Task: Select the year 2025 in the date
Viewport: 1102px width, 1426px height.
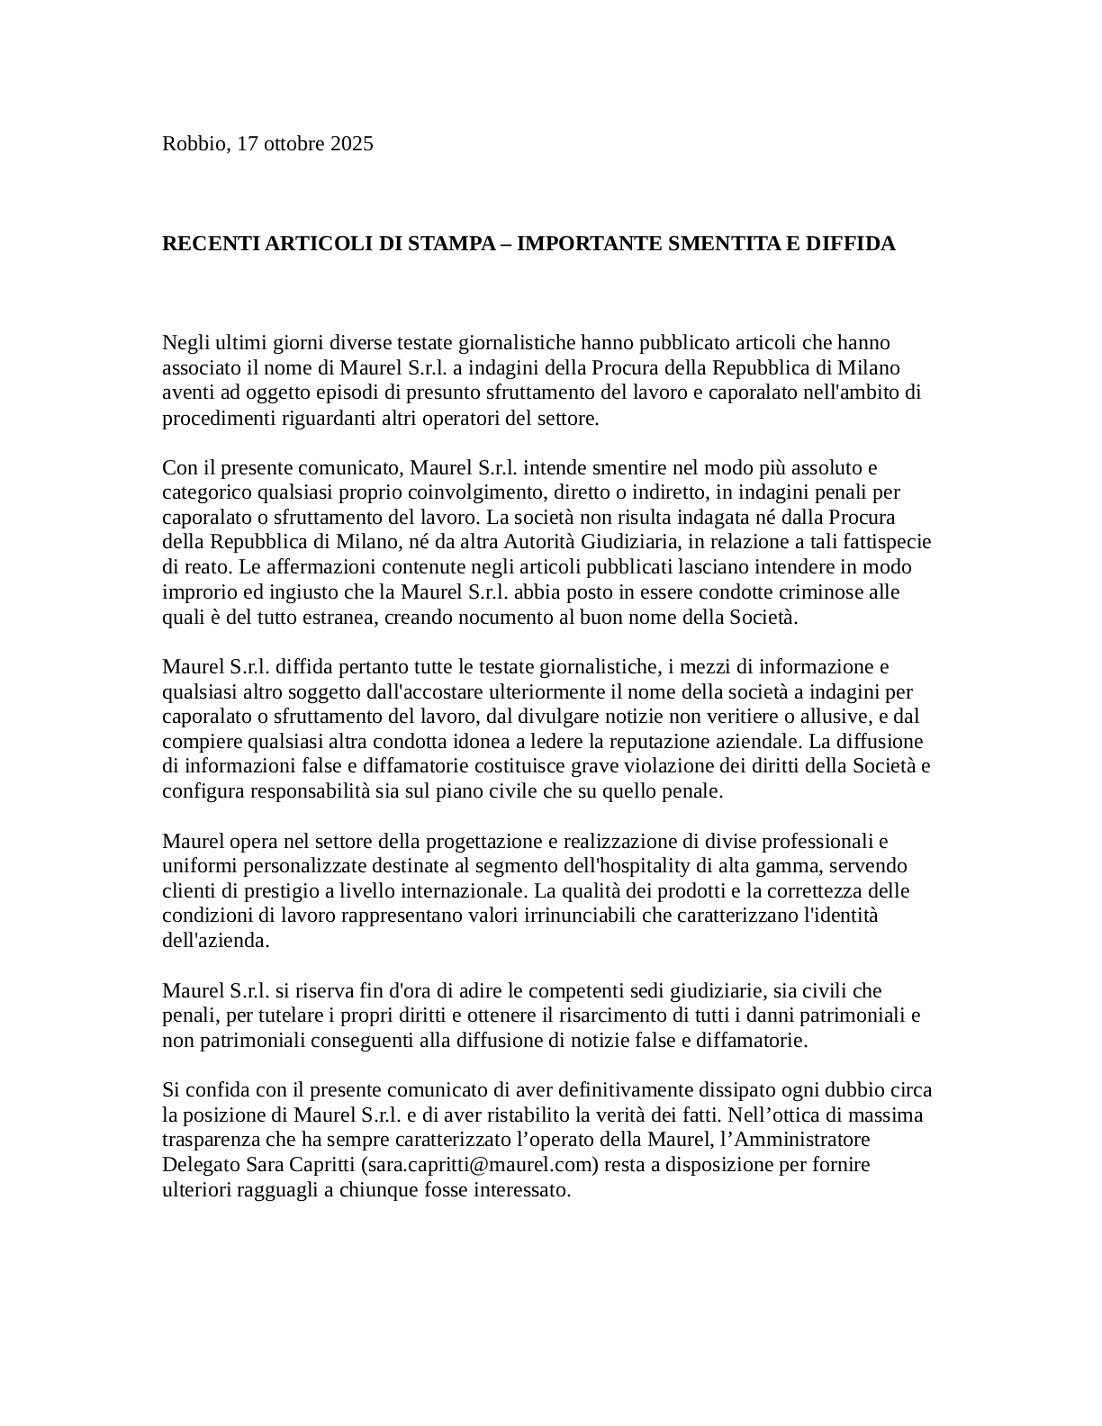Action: click(x=352, y=144)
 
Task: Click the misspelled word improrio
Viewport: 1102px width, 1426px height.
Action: click(x=194, y=592)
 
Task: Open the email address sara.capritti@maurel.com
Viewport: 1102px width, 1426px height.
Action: click(x=480, y=1165)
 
